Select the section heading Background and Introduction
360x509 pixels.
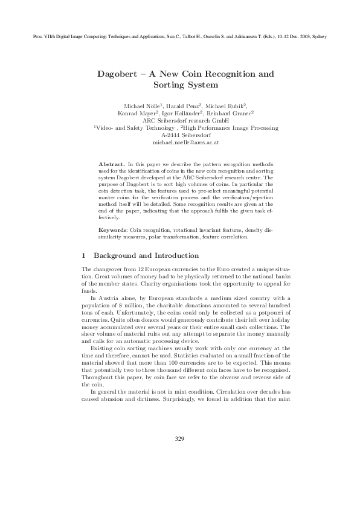pyautogui.click(x=146, y=255)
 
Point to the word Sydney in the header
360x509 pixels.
pyautogui.click(x=318, y=37)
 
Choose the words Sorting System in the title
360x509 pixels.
pyautogui.click(x=185, y=86)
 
